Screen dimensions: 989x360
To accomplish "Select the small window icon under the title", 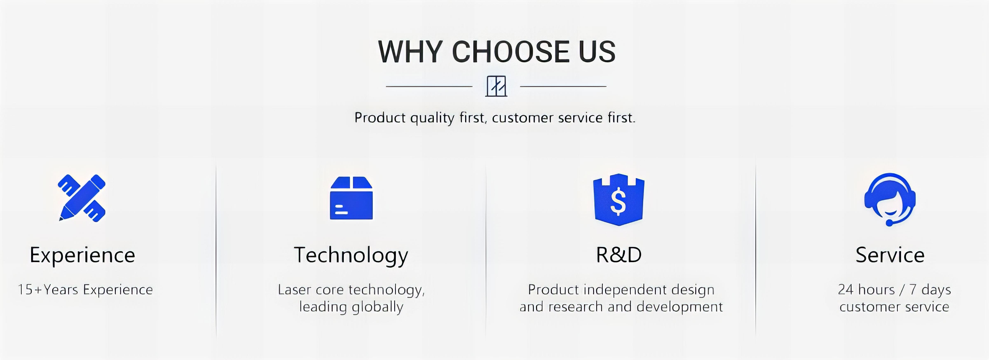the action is point(496,86).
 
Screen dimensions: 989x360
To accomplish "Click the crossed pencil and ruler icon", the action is point(82,198).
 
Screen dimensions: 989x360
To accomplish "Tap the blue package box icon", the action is point(351,198).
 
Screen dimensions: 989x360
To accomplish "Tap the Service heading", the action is point(890,255).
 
